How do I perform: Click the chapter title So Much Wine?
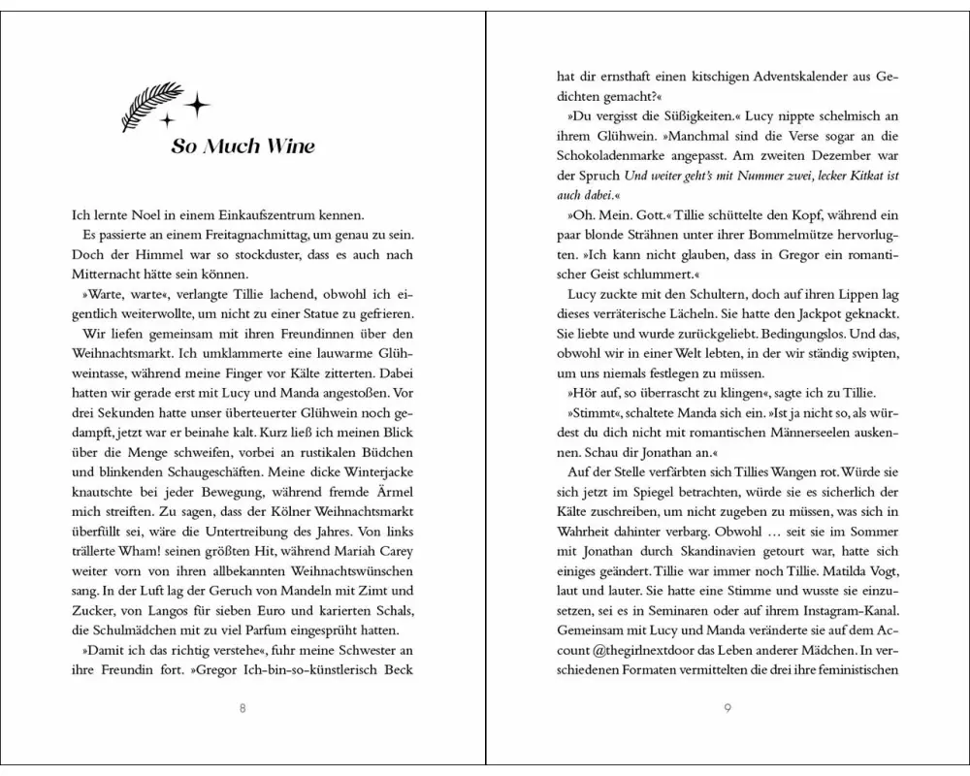point(242,147)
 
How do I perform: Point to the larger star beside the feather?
point(198,103)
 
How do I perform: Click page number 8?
point(242,707)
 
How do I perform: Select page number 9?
point(727,707)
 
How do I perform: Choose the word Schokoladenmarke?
point(612,158)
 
